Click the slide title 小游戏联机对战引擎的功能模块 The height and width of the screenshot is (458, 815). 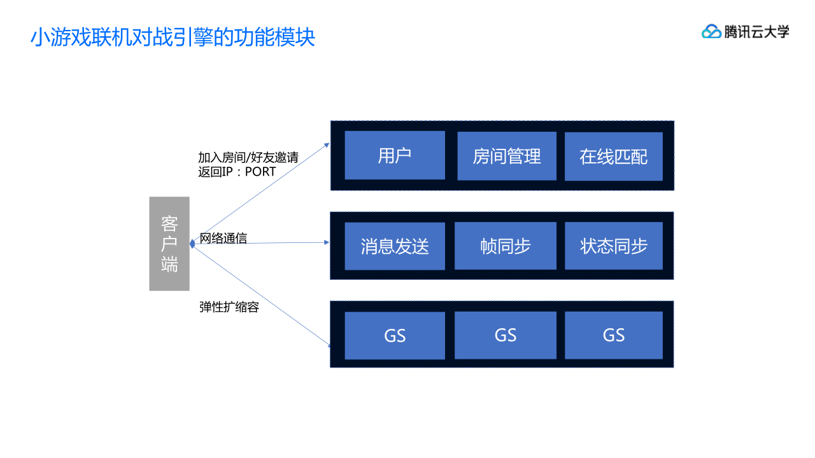pos(173,37)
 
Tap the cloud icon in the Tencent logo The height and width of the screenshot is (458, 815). pos(711,31)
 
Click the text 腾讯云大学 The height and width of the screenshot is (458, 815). pos(756,31)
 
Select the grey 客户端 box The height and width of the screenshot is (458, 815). pos(169,244)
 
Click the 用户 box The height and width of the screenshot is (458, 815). pos(395,155)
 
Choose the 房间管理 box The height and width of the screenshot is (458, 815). pos(507,156)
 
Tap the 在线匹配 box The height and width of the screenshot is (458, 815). pos(614,156)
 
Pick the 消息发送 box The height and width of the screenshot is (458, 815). pos(395,246)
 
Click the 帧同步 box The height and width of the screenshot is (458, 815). pos(506,246)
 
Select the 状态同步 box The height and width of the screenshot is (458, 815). pos(614,246)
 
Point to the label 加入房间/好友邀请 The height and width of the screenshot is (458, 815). pos(248,158)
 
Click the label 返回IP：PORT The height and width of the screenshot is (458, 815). pos(237,172)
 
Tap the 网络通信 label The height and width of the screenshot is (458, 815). pos(223,239)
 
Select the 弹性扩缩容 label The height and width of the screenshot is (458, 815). pos(229,307)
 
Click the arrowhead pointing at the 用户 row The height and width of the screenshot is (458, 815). pos(327,144)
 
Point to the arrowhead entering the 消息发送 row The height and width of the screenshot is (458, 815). pos(327,242)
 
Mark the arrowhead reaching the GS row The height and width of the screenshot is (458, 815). pos(328,345)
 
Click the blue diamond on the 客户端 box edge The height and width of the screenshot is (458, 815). pos(192,244)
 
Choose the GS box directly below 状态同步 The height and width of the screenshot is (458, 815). pos(614,335)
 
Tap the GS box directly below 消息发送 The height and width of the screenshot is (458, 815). pos(395,335)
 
